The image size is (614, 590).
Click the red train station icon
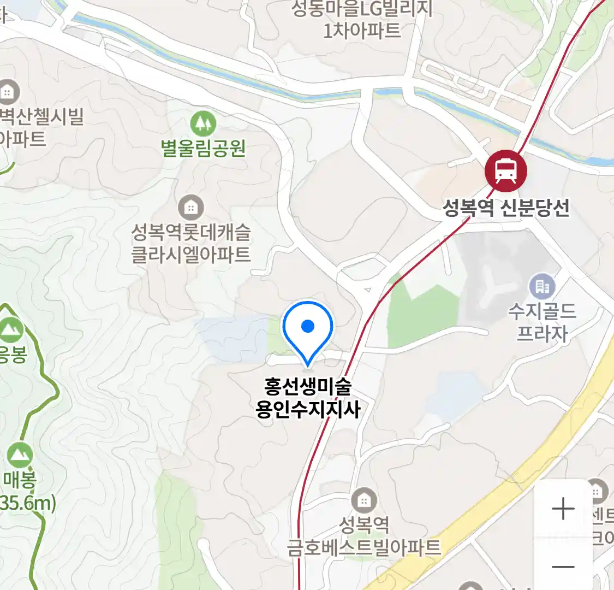pos(506,170)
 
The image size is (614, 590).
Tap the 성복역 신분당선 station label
pos(506,208)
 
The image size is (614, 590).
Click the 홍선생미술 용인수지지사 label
pos(308,398)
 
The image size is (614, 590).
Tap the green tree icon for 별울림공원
pos(203,124)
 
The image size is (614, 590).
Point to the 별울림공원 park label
pos(203,149)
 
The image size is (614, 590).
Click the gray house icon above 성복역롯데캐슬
pos(190,208)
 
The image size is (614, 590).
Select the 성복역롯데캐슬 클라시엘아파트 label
pos(190,244)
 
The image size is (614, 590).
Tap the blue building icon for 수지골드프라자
pos(541,286)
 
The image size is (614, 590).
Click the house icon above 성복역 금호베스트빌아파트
pos(363,500)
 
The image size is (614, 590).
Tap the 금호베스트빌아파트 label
pos(364,547)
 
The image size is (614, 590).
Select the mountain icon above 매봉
pos(20,454)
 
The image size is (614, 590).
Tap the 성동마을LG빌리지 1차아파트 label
pos(362,19)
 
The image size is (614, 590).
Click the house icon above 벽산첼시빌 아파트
pos(8,92)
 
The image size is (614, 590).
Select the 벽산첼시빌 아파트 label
pos(38,127)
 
